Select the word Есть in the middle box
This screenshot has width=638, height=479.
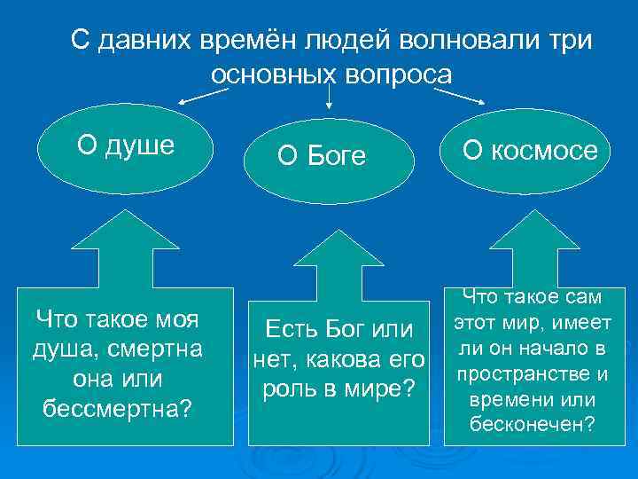click(284, 331)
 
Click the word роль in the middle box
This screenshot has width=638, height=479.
click(281, 389)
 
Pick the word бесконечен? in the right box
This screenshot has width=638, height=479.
click(532, 424)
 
